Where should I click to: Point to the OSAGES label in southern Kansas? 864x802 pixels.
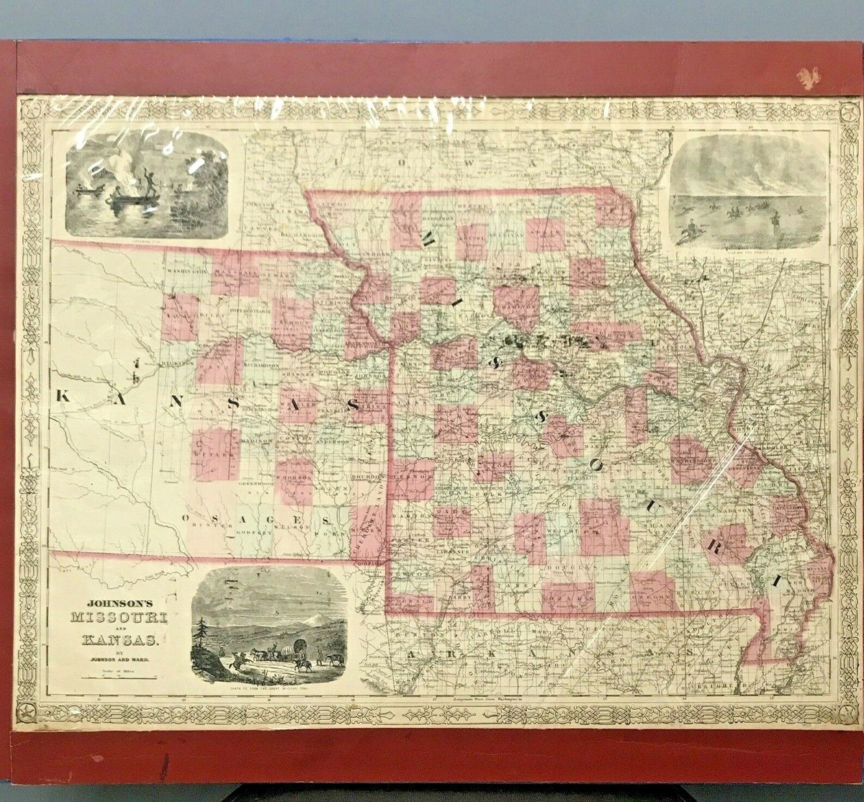click(255, 518)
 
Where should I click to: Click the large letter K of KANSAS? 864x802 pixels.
click(63, 395)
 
